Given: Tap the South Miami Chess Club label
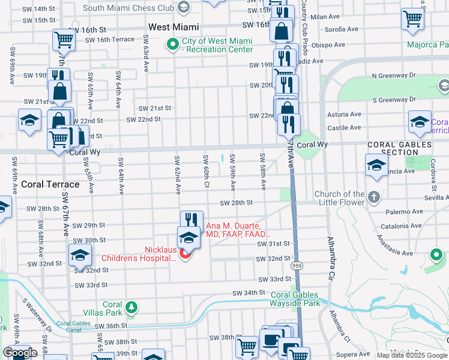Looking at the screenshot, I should coord(127,8).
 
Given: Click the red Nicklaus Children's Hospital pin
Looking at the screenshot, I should coord(185,254).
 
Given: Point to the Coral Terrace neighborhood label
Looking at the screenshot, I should coord(50,184).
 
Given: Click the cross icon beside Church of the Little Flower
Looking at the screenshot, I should coord(373,197).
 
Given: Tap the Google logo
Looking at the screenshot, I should coord(20,353).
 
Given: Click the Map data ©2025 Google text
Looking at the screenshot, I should coord(412,355).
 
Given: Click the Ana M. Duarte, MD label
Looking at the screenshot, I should coord(239,230).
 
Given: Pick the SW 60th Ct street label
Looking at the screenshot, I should coord(205,171).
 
